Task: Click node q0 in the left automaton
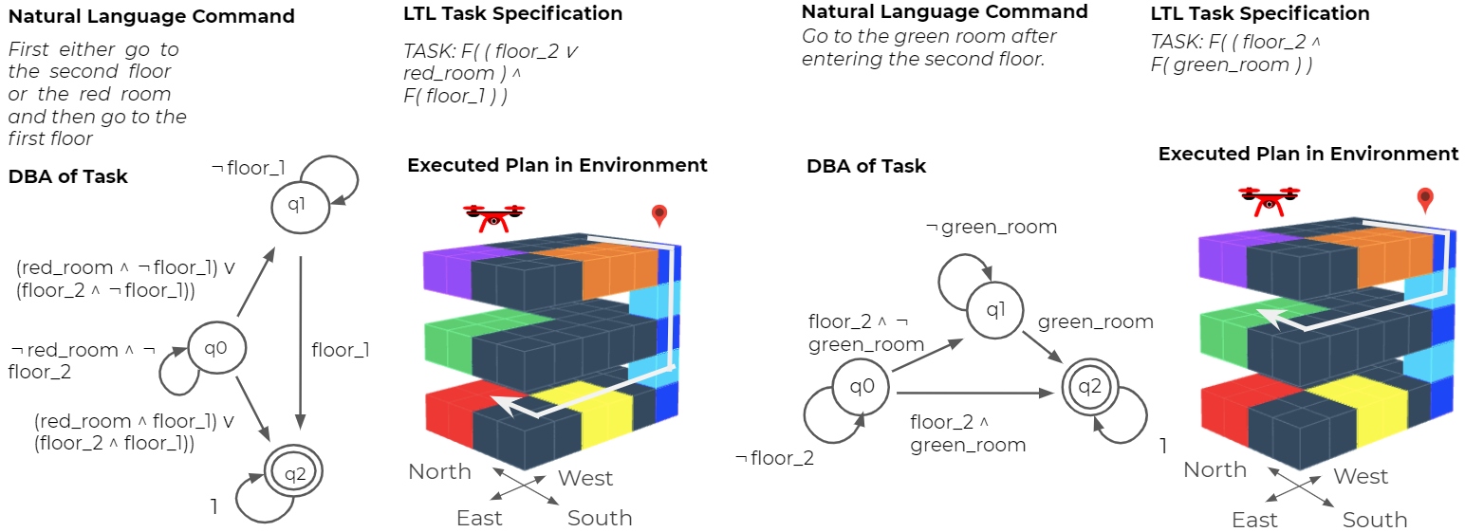tap(216, 348)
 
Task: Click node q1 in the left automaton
tap(300, 205)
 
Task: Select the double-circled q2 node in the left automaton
tap(293, 472)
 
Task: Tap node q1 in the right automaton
tap(994, 310)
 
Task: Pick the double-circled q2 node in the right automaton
tap(1089, 387)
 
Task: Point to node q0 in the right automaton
tap(862, 387)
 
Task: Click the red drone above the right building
tap(1269, 201)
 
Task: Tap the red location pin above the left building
tap(659, 215)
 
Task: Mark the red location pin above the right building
tap(1425, 200)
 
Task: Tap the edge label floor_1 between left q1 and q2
tap(340, 350)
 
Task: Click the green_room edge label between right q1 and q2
tap(1096, 322)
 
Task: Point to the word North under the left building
tap(439, 471)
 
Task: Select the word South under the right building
tap(1375, 520)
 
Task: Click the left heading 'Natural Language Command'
tap(151, 16)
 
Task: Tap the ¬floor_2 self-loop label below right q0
tap(774, 458)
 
